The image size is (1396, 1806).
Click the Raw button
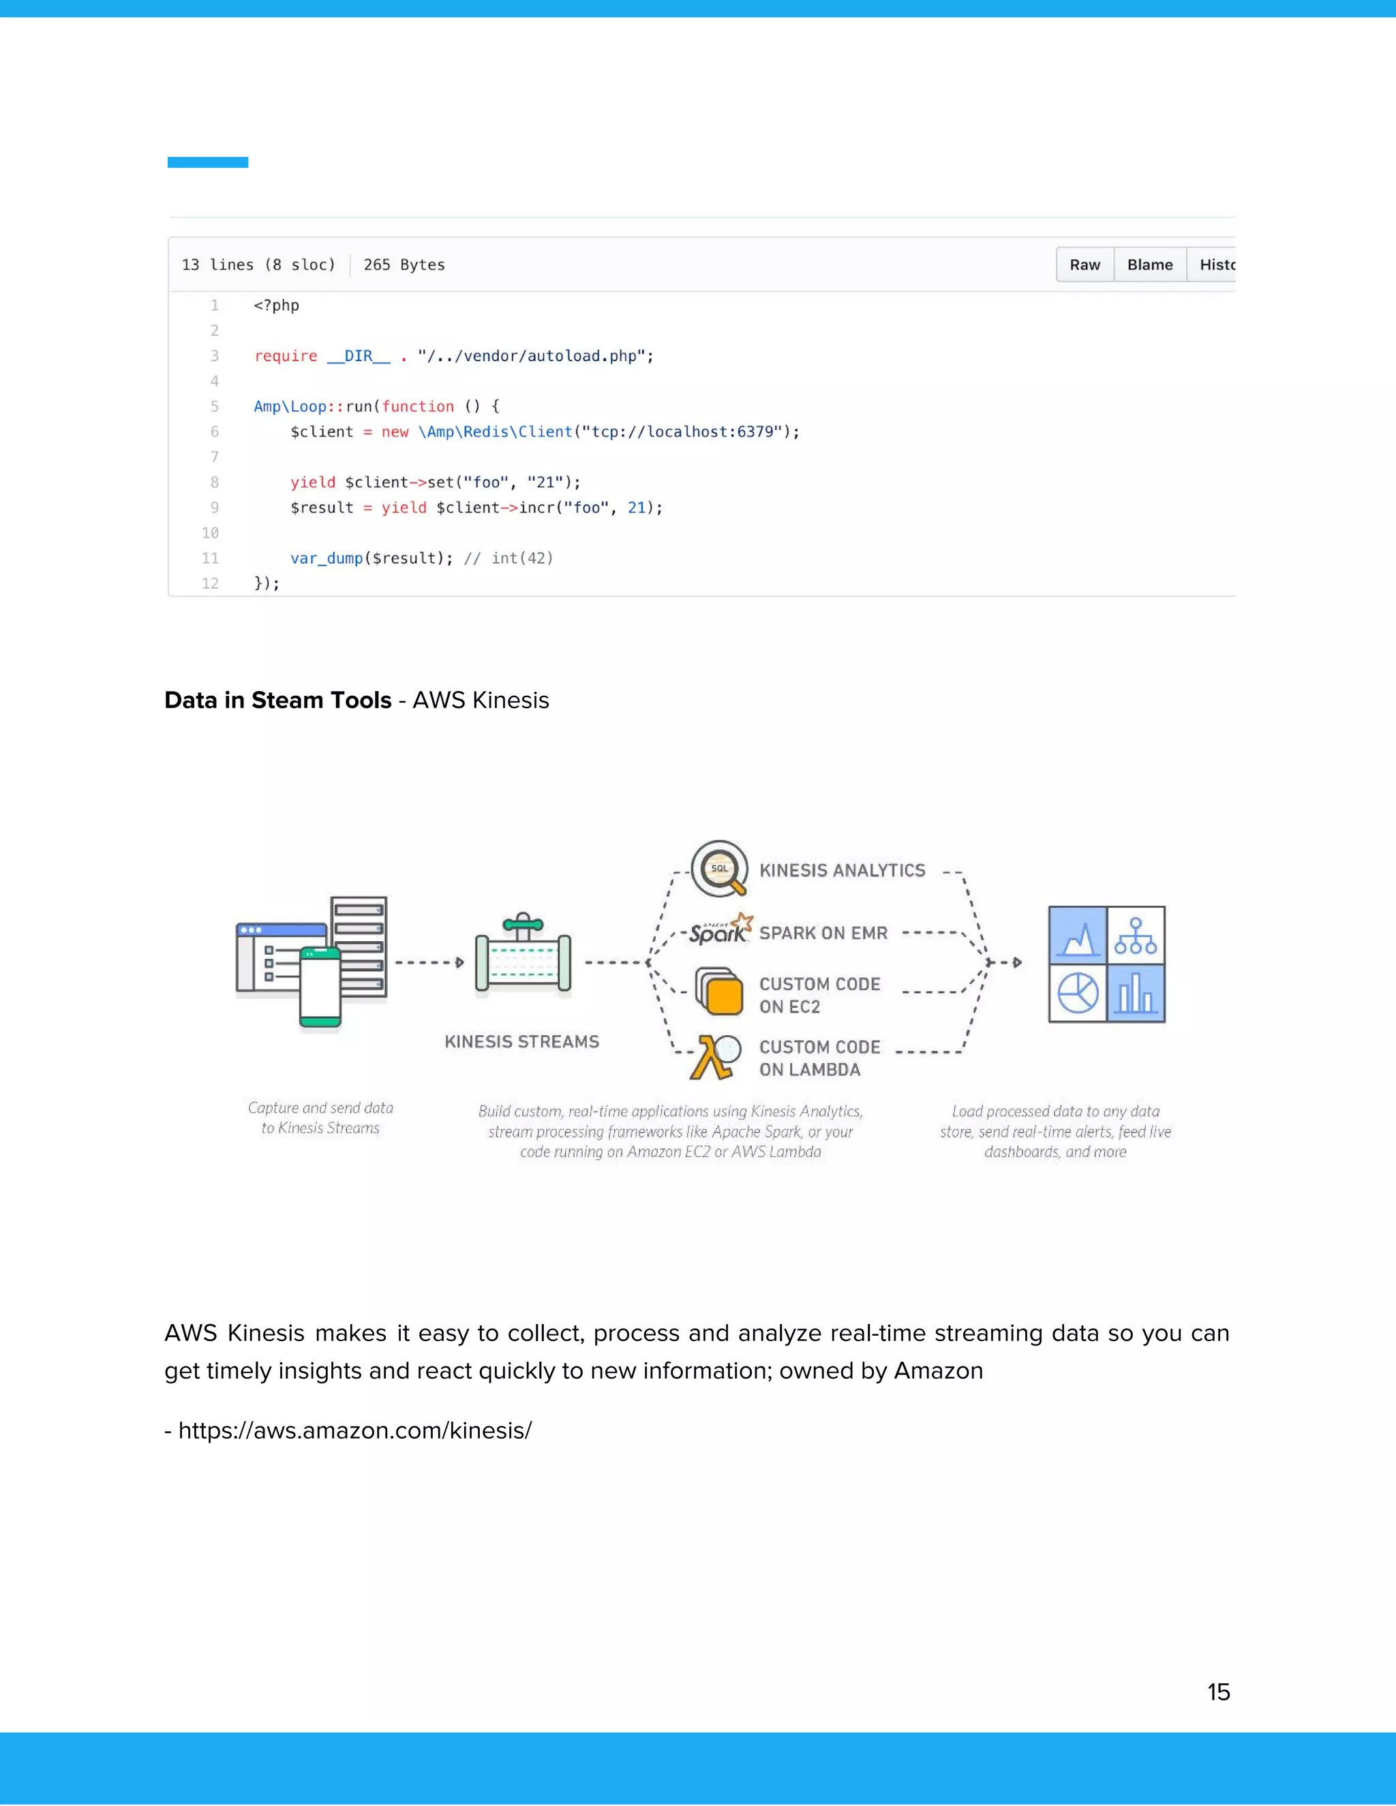1084,264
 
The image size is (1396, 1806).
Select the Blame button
1149,264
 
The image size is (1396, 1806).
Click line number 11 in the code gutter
210,558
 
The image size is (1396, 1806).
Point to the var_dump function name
327,558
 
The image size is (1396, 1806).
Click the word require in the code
286,356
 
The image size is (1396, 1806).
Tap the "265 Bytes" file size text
404,264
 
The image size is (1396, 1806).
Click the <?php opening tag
276,305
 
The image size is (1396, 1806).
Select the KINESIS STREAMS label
522,1042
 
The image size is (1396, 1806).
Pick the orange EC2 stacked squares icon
720,992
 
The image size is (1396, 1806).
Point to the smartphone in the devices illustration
320,988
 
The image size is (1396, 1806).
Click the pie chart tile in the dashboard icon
1078,993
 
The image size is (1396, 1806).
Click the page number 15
1217,1692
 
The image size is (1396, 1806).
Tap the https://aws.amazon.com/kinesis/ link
354,1430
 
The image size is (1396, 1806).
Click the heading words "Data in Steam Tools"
278,701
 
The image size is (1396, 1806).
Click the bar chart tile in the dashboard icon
1136,993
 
